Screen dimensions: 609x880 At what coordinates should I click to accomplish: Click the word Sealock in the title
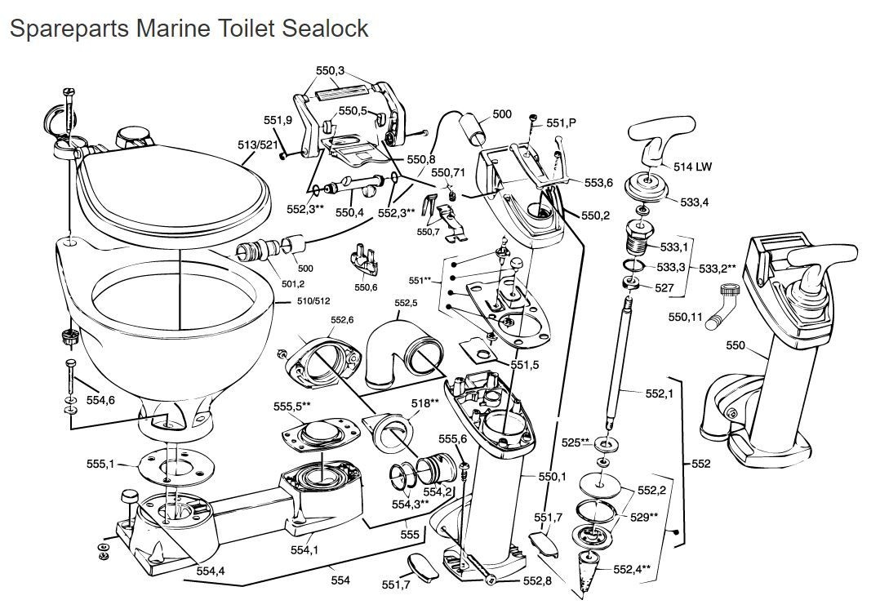pos(325,28)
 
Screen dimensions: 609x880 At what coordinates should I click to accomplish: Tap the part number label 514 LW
pos(692,167)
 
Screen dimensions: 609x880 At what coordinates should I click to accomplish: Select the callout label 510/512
pos(315,300)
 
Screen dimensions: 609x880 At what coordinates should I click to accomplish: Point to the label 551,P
pos(562,122)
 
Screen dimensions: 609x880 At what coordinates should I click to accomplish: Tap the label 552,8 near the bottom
pos(536,580)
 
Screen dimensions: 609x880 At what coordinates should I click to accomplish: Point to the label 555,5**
pos(292,405)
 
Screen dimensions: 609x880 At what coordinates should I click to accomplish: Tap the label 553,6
pos(598,183)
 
